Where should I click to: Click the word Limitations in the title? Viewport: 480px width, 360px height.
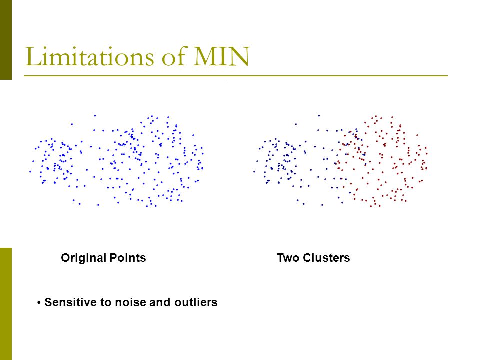[89, 56]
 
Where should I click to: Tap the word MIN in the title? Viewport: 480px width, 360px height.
[221, 56]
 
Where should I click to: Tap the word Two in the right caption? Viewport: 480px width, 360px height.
[288, 258]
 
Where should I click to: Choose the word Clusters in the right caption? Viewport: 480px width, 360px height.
[326, 258]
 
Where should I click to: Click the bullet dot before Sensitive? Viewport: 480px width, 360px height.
[39, 303]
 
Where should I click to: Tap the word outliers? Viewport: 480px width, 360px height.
[196, 302]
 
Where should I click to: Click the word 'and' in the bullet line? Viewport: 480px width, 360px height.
[160, 302]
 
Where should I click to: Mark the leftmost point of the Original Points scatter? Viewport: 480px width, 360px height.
[30, 171]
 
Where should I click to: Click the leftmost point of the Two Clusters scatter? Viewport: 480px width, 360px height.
[254, 171]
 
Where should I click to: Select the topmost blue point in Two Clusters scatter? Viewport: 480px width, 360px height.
[319, 115]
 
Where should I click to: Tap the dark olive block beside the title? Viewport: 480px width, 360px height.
[6, 40]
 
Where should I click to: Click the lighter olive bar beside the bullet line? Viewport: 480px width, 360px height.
[6, 304]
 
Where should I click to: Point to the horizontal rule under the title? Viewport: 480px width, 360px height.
[235, 75]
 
